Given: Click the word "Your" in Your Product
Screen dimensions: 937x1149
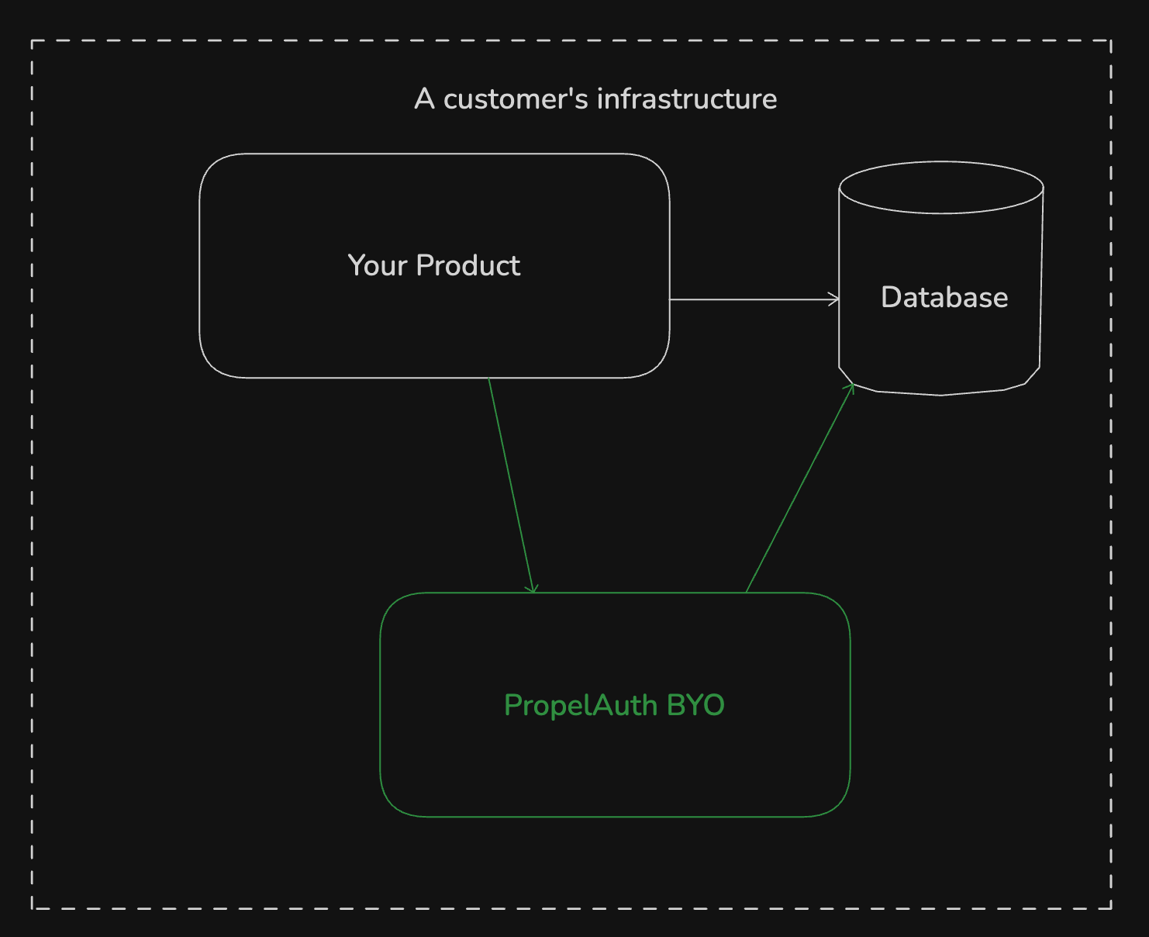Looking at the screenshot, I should coord(377,266).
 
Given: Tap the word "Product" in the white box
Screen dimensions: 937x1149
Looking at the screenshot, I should coord(468,266).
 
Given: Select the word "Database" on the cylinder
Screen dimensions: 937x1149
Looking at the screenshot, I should coord(944,298).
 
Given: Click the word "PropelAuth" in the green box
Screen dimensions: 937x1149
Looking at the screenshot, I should coord(581,706).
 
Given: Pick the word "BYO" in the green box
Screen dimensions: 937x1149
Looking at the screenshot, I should coord(695,706).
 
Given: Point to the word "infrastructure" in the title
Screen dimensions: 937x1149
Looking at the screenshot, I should coord(687,99).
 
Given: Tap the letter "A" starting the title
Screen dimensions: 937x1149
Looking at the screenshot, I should coord(424,99).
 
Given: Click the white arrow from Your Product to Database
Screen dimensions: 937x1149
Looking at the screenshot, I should coord(752,299).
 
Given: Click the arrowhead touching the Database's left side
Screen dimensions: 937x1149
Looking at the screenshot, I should coord(835,299).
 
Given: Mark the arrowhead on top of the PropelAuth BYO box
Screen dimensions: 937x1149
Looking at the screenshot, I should coord(532,589).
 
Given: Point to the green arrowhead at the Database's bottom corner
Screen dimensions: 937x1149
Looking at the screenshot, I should coord(851,388).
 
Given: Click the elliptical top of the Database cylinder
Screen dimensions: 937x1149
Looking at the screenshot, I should coord(941,187).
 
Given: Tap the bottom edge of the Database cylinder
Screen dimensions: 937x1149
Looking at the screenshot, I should coord(941,394).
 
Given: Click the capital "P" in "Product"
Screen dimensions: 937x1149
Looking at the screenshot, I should coord(425,266).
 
